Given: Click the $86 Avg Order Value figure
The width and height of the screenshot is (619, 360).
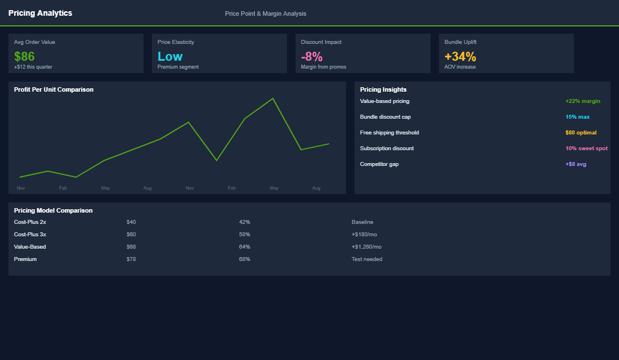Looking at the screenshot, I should pyautogui.click(x=24, y=56).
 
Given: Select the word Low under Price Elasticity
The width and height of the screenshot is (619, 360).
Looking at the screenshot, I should pyautogui.click(x=170, y=56).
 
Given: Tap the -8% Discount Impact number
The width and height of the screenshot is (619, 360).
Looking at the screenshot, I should pyautogui.click(x=312, y=56).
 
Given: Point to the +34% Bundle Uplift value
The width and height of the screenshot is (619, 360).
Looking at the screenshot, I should pyautogui.click(x=460, y=56).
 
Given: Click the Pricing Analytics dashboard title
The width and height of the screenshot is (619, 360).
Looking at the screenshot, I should pyautogui.click(x=41, y=13).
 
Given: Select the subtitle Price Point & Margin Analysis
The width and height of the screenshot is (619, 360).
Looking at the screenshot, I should pyautogui.click(x=266, y=13).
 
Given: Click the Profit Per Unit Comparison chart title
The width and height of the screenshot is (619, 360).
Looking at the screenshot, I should pyautogui.click(x=53, y=89).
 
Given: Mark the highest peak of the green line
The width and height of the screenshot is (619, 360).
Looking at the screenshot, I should pyautogui.click(x=273, y=98).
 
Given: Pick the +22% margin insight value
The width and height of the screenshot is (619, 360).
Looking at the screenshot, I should pyautogui.click(x=582, y=101).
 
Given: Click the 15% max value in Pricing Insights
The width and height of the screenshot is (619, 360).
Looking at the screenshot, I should pyautogui.click(x=577, y=117).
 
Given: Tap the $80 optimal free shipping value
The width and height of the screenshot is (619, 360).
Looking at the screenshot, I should pyautogui.click(x=581, y=133).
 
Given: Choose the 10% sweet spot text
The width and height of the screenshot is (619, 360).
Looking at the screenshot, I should pyautogui.click(x=586, y=148).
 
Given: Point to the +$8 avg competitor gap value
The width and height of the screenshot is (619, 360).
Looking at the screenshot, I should pyautogui.click(x=576, y=164).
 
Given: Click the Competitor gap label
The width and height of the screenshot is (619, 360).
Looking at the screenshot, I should pyautogui.click(x=379, y=164).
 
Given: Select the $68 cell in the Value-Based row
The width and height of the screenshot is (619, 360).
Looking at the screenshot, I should pyautogui.click(x=131, y=247).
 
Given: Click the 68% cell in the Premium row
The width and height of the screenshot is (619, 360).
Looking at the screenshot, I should pyautogui.click(x=244, y=259).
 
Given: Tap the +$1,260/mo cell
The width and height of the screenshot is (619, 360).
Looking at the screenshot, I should pyautogui.click(x=366, y=247).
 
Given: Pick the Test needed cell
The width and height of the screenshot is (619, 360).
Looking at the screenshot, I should pyautogui.click(x=367, y=259).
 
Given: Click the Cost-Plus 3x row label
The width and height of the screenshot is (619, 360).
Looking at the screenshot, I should pyautogui.click(x=30, y=235).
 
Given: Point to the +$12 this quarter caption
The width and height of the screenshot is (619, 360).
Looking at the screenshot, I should pyautogui.click(x=33, y=67).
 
